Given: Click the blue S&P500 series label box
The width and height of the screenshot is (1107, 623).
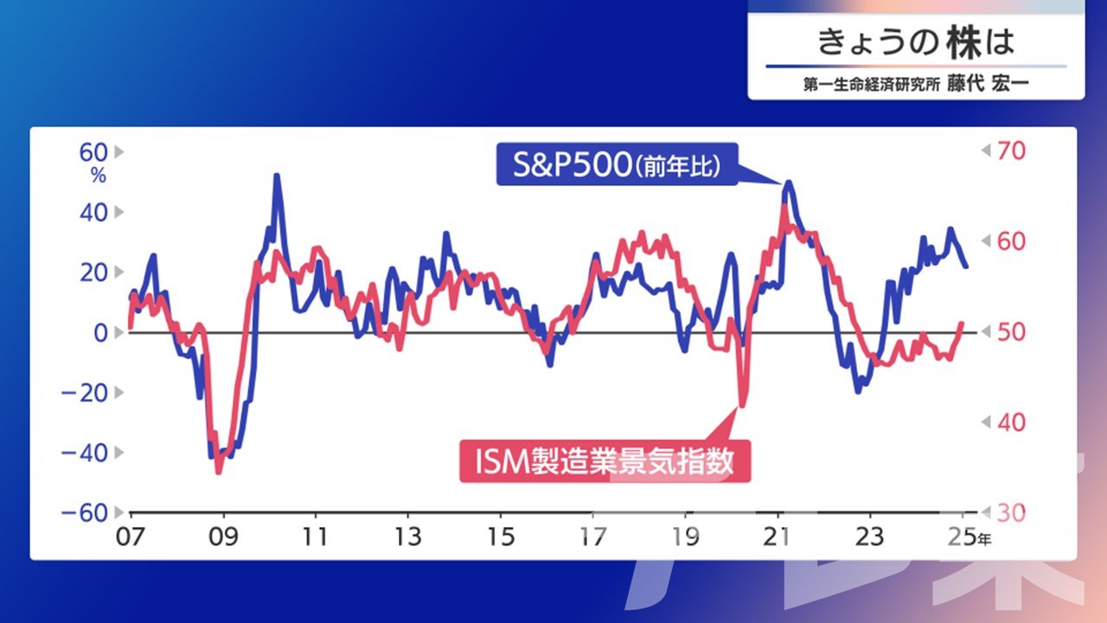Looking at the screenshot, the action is click(x=617, y=164).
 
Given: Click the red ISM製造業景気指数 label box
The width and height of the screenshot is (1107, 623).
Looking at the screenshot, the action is click(x=605, y=461).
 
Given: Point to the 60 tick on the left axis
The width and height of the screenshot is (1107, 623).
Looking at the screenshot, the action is click(x=93, y=152).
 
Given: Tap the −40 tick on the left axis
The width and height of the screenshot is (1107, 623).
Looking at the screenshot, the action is click(x=84, y=453).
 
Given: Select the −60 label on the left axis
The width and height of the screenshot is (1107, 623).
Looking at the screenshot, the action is click(x=84, y=513).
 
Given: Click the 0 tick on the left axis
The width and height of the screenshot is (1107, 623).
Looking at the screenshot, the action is click(x=100, y=333).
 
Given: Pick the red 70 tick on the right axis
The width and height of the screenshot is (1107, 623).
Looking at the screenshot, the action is click(x=1011, y=151).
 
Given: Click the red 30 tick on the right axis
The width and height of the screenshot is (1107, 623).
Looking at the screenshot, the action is click(x=1011, y=513).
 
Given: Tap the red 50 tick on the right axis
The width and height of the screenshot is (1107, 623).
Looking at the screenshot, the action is click(x=1011, y=332).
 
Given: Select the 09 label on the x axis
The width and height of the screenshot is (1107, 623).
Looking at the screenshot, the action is click(x=223, y=536).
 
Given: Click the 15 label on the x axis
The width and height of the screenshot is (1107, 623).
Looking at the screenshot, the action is click(x=501, y=536).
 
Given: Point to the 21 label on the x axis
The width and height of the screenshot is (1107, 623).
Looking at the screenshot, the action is click(x=777, y=536).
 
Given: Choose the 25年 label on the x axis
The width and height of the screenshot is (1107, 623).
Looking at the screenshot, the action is click(x=969, y=536).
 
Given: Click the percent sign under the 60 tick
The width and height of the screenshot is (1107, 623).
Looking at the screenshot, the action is click(x=99, y=176).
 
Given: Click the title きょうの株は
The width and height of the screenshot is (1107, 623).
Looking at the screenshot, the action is click(x=916, y=42).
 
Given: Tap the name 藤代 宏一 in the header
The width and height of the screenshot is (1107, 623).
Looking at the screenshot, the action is click(x=988, y=84).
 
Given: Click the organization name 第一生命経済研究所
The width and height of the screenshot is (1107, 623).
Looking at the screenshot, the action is click(x=871, y=85).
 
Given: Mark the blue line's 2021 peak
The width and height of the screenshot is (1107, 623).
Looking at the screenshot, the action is click(x=788, y=182).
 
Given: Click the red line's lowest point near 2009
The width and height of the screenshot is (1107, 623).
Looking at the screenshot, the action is click(x=219, y=472).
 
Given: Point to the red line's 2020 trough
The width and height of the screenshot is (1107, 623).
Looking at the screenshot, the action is click(x=741, y=406).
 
